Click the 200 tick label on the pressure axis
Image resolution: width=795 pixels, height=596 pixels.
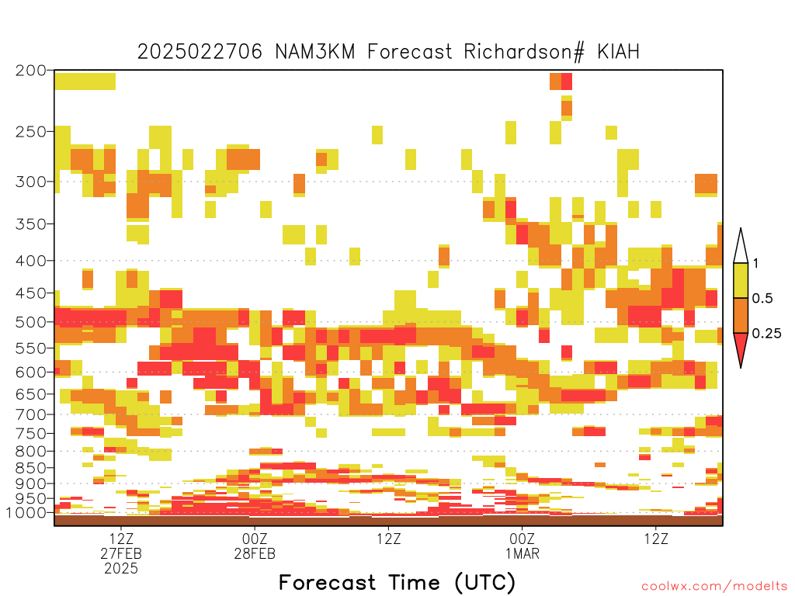(x=30, y=70)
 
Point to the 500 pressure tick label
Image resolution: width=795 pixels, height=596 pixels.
(x=30, y=322)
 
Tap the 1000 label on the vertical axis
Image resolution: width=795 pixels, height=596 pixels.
(x=26, y=512)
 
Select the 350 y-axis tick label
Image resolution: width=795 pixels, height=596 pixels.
(x=30, y=223)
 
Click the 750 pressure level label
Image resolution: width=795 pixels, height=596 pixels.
(x=30, y=433)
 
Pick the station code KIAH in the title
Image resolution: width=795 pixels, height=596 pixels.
(x=618, y=52)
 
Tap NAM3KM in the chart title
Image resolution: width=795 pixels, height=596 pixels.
(x=315, y=52)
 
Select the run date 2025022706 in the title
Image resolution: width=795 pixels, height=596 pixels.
(x=200, y=52)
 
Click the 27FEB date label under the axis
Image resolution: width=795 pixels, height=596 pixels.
(x=121, y=553)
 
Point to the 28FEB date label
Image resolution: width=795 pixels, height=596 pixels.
(x=255, y=553)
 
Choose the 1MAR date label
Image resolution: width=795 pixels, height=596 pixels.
(x=522, y=553)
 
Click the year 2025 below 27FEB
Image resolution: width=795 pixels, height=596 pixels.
(x=121, y=569)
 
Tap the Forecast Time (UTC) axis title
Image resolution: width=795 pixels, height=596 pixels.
(x=397, y=583)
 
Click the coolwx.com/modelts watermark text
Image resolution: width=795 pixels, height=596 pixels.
(x=715, y=587)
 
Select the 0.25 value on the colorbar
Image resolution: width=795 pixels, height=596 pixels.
(x=766, y=333)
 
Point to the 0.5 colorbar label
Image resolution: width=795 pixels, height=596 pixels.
(x=762, y=298)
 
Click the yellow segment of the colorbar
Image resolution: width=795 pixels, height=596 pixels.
(x=741, y=280)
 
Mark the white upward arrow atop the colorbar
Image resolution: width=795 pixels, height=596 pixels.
(x=741, y=247)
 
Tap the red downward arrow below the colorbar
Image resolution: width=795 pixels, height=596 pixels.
(x=741, y=348)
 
